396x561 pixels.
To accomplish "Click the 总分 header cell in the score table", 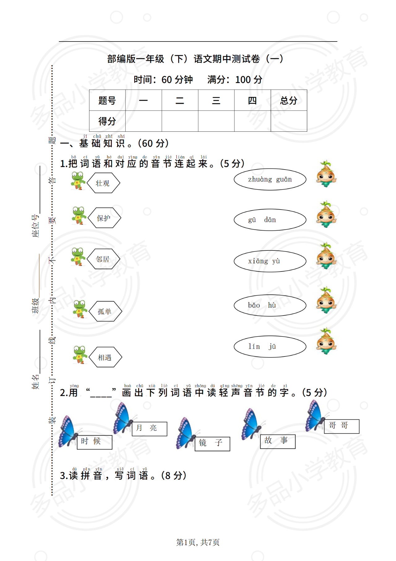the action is (x=289, y=100).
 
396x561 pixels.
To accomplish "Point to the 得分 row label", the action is (x=107, y=121).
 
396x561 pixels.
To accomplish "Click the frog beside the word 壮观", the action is (x=78, y=181).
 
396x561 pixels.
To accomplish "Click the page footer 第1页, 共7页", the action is (x=198, y=542).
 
